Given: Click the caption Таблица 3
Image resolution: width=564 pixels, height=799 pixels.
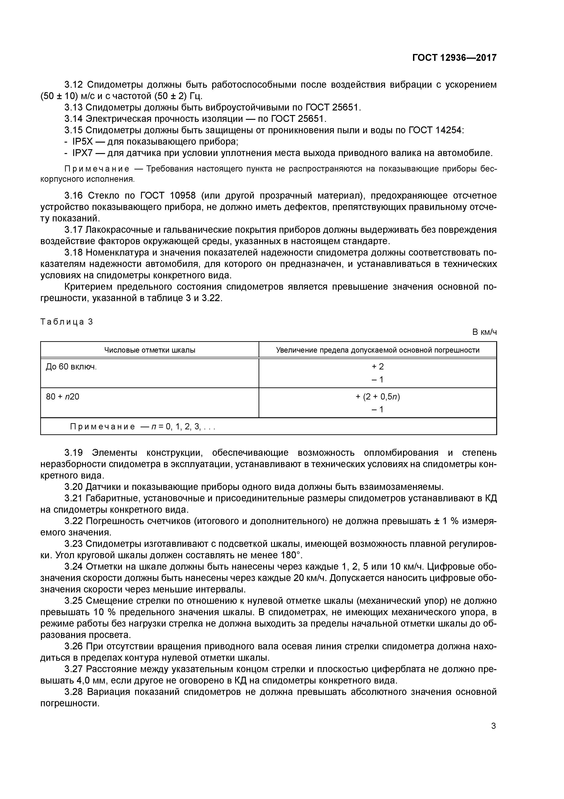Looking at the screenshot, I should coord(67,322).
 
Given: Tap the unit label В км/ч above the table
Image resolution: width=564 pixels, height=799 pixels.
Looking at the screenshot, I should coord(484,332).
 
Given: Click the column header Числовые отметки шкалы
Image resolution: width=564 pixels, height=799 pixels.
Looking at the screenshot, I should coord(150,350).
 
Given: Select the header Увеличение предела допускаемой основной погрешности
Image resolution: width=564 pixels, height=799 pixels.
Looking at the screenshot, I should coord(378,350).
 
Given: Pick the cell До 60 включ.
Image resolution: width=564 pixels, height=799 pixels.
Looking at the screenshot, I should coord(71,366).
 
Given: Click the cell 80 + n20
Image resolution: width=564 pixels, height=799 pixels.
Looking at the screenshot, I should coord(63,396).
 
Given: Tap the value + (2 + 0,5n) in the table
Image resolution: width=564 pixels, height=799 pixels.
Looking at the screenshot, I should coord(378,397).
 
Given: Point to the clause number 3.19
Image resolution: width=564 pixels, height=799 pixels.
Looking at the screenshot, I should coord(74,453).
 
